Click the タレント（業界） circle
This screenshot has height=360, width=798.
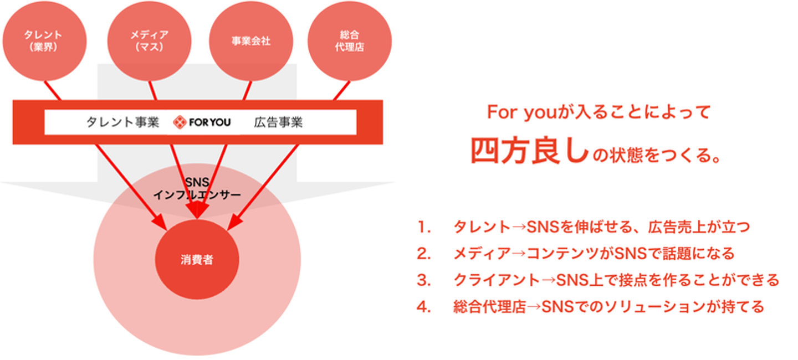(x=44, y=40)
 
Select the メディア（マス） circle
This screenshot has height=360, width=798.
(x=150, y=40)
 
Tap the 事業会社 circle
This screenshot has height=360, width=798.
(x=251, y=40)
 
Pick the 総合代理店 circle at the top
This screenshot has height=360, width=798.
(x=350, y=40)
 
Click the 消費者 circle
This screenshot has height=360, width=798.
(x=197, y=260)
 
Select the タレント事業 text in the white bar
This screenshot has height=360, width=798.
(x=122, y=122)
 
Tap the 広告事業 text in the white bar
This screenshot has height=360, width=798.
(x=278, y=122)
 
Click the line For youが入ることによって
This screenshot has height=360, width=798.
(x=598, y=112)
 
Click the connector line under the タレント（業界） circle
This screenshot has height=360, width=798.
(x=52, y=90)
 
